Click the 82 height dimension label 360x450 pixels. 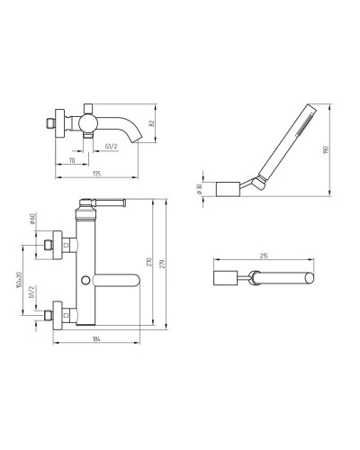click(151, 123)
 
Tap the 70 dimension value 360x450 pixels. click(72, 160)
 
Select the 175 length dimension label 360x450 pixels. click(96, 174)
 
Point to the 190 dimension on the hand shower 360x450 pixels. click(326, 149)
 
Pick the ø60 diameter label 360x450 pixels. click(32, 219)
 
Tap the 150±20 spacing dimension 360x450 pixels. click(19, 280)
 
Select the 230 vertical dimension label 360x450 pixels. click(149, 262)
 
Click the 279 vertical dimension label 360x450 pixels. click(163, 264)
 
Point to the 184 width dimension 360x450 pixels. click(96, 338)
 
